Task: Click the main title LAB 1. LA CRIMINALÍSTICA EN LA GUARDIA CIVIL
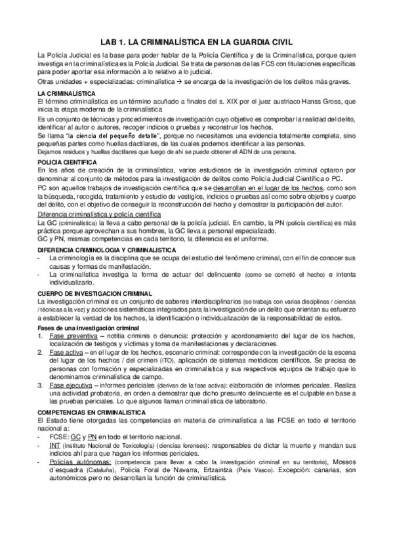pyautogui.click(x=196, y=40)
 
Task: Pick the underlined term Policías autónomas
pyautogui.click(x=76, y=462)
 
